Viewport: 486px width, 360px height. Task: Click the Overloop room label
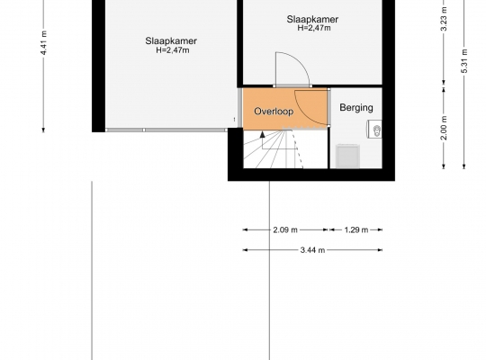coord(274,112)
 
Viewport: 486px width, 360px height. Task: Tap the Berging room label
coord(356,108)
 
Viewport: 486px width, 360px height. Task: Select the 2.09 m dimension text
coord(285,230)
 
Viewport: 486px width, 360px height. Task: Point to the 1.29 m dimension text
coord(356,230)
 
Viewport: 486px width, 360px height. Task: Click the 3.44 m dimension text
coord(312,250)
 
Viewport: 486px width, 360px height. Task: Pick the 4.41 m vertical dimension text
coord(44,43)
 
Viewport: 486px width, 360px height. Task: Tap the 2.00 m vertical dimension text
coord(444,128)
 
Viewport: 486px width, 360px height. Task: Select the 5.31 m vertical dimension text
coord(464,61)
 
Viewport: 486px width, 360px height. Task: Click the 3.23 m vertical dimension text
coord(444,19)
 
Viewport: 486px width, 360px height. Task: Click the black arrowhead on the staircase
coord(263,134)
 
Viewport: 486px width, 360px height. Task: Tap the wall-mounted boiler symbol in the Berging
coord(374,129)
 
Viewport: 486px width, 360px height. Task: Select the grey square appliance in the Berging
coord(348,157)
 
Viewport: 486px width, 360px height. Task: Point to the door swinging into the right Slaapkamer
coord(292,69)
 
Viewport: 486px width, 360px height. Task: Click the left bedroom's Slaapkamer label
coord(171,40)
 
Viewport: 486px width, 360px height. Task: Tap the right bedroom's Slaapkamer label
coord(312,19)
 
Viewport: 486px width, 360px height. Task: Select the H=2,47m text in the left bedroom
coord(173,50)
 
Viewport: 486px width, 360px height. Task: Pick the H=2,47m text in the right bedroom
coord(314,28)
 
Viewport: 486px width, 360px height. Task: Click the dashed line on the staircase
coord(297,149)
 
